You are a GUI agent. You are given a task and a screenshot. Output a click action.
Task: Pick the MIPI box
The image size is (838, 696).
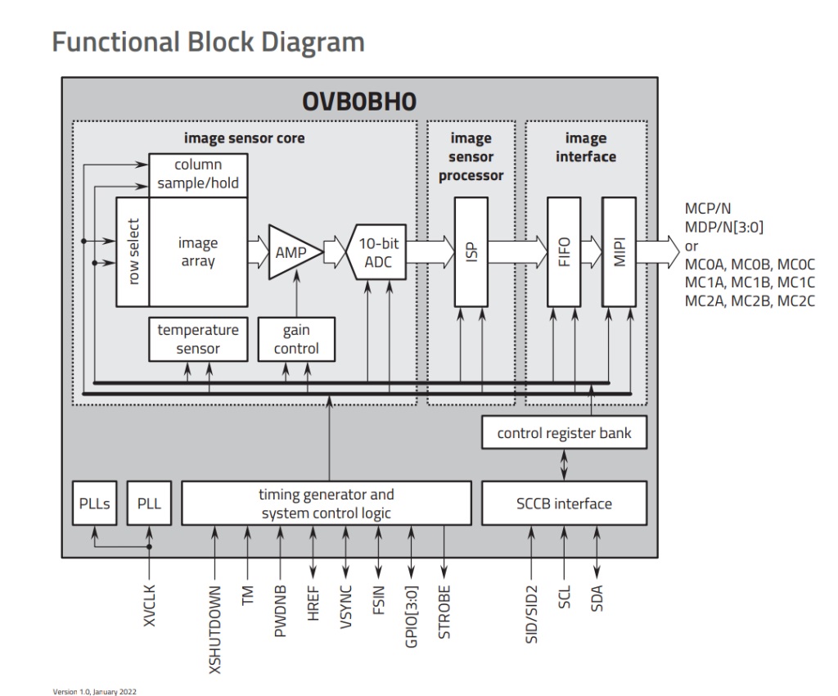click(618, 251)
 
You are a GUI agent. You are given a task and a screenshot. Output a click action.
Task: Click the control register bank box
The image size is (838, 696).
click(564, 432)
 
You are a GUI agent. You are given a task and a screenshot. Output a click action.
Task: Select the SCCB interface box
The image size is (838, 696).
click(564, 503)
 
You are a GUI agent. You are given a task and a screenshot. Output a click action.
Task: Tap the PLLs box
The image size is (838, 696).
click(94, 503)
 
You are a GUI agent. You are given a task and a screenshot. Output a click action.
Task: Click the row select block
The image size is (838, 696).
click(133, 251)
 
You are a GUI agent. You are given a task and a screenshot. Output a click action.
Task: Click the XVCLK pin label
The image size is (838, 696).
click(150, 604)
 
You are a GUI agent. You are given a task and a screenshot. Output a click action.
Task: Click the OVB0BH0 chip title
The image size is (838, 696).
click(359, 101)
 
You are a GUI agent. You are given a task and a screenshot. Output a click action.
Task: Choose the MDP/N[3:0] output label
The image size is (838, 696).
click(723, 226)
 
